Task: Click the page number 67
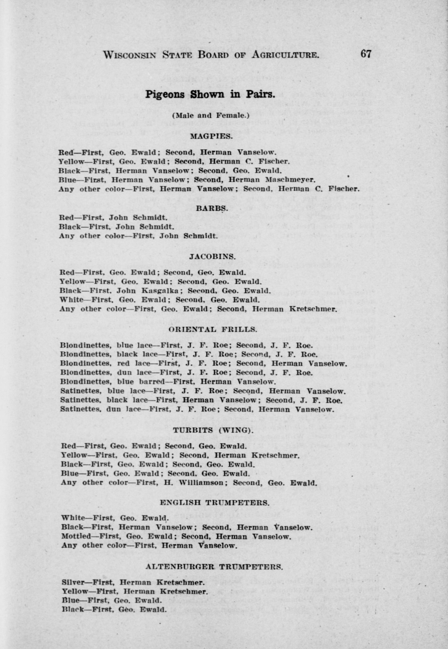pos(366,53)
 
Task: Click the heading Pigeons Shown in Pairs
pos(210,94)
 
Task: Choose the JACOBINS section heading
pos(212,256)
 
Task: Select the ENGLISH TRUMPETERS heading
pos(214,503)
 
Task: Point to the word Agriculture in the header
pos(285,54)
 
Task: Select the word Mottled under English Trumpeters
pos(76,536)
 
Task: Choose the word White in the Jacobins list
pos(71,300)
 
